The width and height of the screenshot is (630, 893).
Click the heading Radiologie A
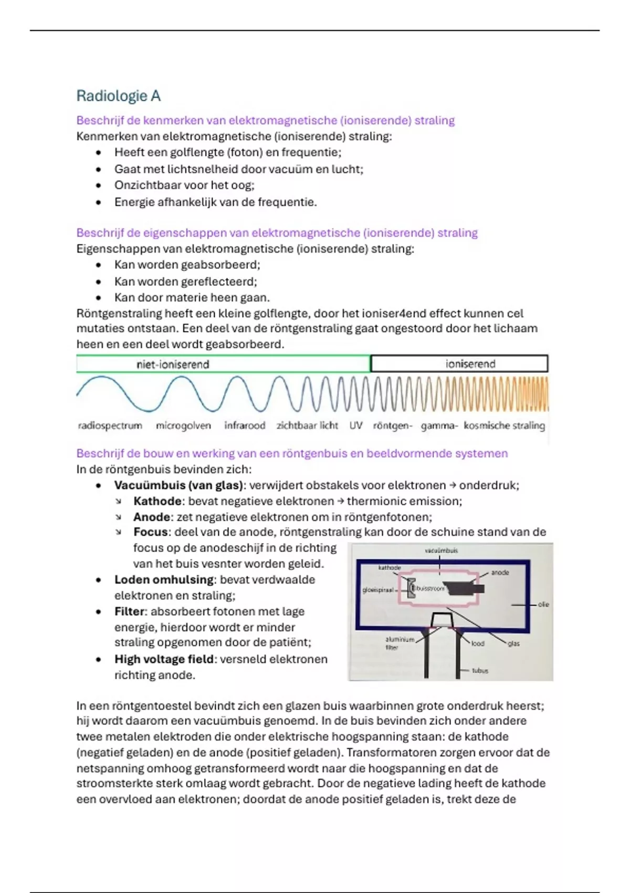(118, 96)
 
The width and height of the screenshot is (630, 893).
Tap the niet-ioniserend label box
(223, 364)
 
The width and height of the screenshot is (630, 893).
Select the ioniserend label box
(459, 364)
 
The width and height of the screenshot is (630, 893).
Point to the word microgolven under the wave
(183, 425)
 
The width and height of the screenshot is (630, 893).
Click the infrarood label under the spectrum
(245, 425)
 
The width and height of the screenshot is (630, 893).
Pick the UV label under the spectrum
(356, 425)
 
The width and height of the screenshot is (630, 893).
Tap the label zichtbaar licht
(307, 425)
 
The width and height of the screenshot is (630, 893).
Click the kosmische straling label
(504, 425)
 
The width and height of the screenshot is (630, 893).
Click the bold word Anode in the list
(152, 517)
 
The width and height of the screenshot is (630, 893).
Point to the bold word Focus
(150, 532)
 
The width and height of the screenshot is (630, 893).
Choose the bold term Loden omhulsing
(164, 580)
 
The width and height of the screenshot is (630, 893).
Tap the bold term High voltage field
(164, 659)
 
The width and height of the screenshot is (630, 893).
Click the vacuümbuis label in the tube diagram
(441, 551)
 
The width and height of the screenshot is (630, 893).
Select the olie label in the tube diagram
(543, 605)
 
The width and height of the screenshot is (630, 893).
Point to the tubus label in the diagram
(480, 671)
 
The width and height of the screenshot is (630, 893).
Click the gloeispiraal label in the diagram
(378, 590)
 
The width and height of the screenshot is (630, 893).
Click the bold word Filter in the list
(129, 611)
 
